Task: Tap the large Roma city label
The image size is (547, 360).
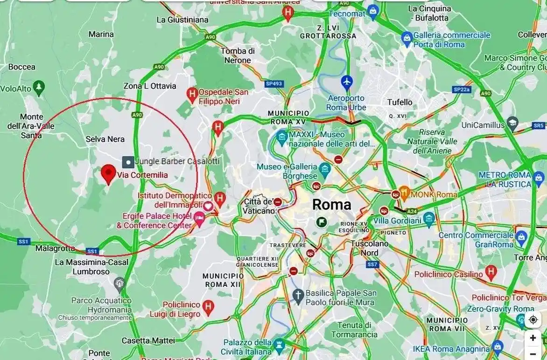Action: pyautogui.click(x=331, y=204)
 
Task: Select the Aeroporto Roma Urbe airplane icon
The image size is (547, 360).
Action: pyautogui.click(x=346, y=82)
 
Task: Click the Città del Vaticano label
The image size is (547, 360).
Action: pyautogui.click(x=258, y=206)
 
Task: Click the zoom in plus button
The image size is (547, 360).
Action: pyautogui.click(x=533, y=338)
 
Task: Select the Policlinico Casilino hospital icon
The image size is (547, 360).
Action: pyautogui.click(x=491, y=271)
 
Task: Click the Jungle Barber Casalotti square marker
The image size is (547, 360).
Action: pyautogui.click(x=128, y=162)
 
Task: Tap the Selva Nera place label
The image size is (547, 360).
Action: pyautogui.click(x=105, y=139)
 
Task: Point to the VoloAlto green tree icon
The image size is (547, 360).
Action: pyautogui.click(x=39, y=87)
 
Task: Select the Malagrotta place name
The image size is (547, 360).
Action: pyautogui.click(x=55, y=249)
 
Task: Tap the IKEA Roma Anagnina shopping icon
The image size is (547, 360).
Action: pyautogui.click(x=498, y=346)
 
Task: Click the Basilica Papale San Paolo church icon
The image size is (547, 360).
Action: pyautogui.click(x=298, y=295)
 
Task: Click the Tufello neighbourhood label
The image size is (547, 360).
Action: pyautogui.click(x=400, y=102)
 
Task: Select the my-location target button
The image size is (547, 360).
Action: pyautogui.click(x=533, y=319)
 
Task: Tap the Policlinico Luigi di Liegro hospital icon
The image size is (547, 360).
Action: pyautogui.click(x=208, y=306)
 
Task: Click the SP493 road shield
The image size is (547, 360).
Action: pyautogui.click(x=274, y=84)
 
